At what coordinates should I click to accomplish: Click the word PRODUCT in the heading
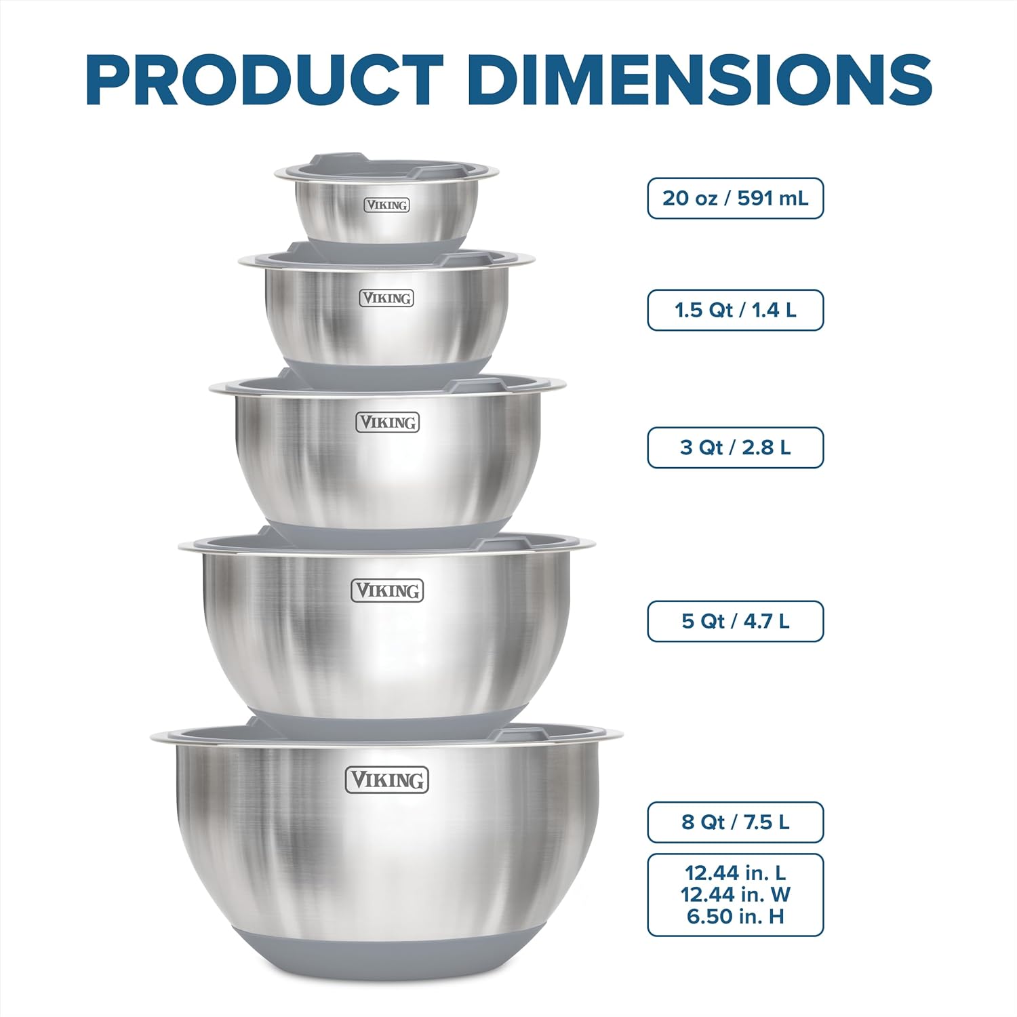click(x=264, y=80)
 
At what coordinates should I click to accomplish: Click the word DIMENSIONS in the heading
click(x=700, y=80)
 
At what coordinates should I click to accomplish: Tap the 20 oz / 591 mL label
click(x=736, y=198)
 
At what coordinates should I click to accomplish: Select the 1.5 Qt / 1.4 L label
click(x=736, y=310)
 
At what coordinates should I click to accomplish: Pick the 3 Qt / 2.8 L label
click(x=736, y=447)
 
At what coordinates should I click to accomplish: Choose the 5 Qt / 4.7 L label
click(x=736, y=621)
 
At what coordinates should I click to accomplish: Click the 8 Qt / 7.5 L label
click(x=736, y=822)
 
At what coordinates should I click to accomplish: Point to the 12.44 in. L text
click(x=736, y=873)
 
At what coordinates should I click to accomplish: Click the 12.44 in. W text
click(x=736, y=894)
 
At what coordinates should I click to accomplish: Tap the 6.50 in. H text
click(x=736, y=917)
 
